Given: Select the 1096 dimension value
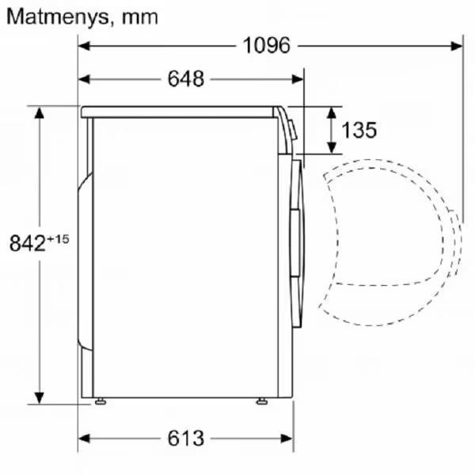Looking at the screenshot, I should coord(267,46).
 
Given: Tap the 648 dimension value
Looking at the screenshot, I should coord(186,79).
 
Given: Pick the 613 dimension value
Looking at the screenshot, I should coord(185,438).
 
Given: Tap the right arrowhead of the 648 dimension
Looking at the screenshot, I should coord(298,79).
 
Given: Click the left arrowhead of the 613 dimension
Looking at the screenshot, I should coord(84,438).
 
